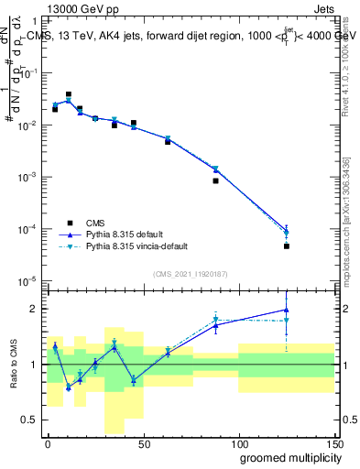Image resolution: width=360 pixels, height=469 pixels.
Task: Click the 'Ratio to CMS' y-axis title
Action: click(14, 363)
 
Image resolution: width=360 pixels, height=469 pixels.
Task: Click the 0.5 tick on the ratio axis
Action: click(32, 420)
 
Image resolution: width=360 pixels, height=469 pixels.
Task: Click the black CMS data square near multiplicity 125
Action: click(287, 246)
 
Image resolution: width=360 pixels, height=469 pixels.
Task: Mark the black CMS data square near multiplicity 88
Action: click(215, 180)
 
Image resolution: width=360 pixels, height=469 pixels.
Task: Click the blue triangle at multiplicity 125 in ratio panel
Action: click(287, 310)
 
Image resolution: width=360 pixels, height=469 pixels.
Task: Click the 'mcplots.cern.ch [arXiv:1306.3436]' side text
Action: click(345, 220)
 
